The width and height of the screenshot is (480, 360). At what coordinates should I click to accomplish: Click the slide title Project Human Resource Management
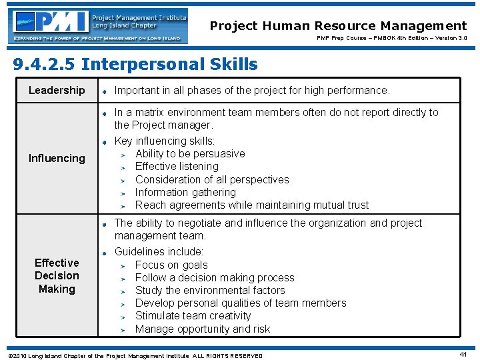[338, 26]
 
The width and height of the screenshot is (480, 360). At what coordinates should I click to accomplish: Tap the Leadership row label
[57, 90]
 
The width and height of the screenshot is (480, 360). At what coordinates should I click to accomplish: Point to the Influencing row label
[57, 158]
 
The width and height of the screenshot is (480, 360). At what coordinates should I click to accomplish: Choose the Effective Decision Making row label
[57, 275]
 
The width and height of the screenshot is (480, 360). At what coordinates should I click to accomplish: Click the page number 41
[463, 354]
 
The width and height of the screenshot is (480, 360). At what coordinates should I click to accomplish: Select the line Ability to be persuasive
[190, 153]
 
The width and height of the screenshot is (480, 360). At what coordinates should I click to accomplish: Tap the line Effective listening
[177, 166]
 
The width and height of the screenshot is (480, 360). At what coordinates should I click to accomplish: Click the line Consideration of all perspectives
[212, 179]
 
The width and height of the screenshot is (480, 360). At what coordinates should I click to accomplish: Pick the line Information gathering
[185, 192]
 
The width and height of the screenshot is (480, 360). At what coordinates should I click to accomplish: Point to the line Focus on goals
[171, 265]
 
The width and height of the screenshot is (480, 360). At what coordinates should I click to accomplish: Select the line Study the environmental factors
[210, 290]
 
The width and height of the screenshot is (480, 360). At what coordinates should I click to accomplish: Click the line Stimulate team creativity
[193, 315]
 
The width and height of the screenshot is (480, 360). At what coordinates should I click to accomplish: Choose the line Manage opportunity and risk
[203, 329]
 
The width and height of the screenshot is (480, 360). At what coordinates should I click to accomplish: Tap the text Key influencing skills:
[165, 141]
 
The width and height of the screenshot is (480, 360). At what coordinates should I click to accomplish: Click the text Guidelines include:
[159, 251]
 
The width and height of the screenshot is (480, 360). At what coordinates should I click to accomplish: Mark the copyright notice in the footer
[133, 355]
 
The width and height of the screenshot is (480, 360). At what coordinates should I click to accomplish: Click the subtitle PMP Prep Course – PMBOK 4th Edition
[390, 39]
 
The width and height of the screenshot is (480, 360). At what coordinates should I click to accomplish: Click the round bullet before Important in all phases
[105, 91]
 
